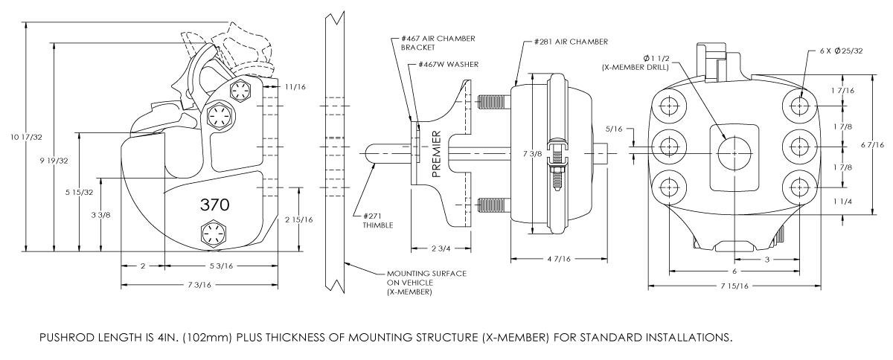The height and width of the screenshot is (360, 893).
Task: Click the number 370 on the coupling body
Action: pyautogui.click(x=214, y=204)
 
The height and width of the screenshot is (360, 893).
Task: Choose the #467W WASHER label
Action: pyautogui.click(x=446, y=64)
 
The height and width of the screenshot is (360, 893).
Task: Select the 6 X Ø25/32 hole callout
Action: pyautogui.click(x=836, y=51)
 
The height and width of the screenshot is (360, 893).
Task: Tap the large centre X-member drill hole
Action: pyautogui.click(x=734, y=152)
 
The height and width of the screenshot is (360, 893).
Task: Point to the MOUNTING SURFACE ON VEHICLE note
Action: pyautogui.click(x=423, y=283)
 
